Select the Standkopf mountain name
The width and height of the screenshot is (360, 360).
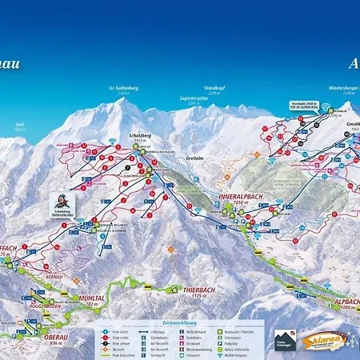point(215,89)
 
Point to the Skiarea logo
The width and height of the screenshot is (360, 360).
point(325,341)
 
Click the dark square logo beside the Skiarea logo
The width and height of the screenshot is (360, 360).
point(285,341)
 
